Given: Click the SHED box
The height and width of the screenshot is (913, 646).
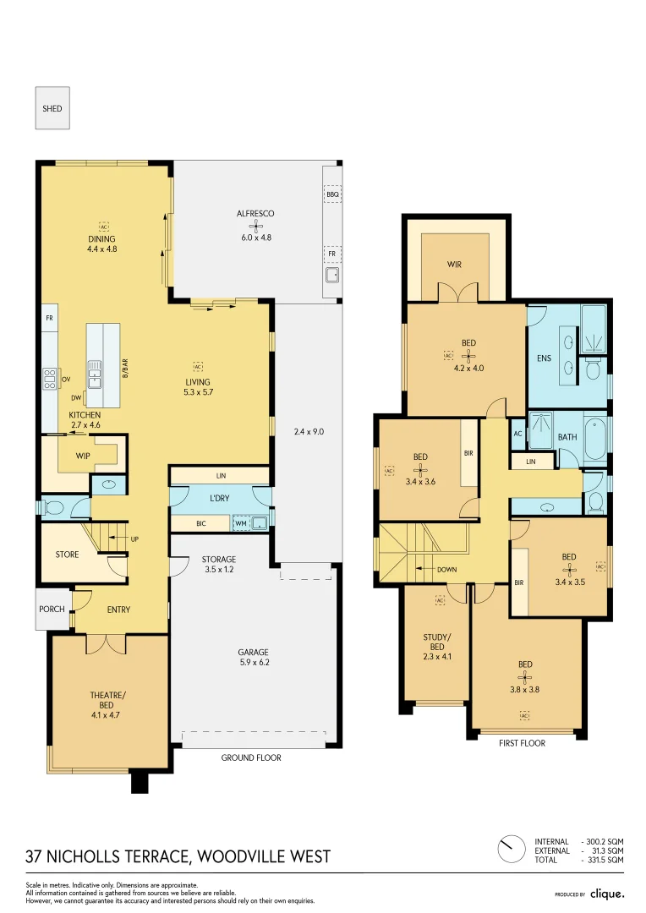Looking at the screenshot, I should [52, 108].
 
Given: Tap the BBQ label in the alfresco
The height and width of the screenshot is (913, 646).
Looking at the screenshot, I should [332, 194].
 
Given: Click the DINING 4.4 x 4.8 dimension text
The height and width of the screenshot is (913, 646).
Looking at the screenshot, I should [101, 249].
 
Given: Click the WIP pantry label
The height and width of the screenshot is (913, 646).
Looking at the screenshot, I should [82, 456].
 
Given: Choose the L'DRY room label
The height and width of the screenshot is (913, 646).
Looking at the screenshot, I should [220, 498].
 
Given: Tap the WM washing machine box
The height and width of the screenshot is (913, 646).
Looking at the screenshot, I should [242, 523].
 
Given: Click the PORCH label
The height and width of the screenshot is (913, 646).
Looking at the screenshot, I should [52, 609].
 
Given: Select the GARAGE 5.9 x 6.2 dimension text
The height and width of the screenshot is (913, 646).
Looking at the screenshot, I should [253, 663].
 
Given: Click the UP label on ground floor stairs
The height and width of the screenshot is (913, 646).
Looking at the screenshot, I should [134, 539].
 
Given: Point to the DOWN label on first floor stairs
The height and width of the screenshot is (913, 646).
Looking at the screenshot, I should [446, 570].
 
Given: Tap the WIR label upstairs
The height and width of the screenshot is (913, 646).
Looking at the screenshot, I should [455, 265].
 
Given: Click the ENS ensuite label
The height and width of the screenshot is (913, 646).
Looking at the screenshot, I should [544, 358].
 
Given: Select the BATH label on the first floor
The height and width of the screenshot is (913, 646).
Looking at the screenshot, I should [567, 437].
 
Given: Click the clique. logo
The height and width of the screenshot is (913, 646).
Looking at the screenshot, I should [606, 893].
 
